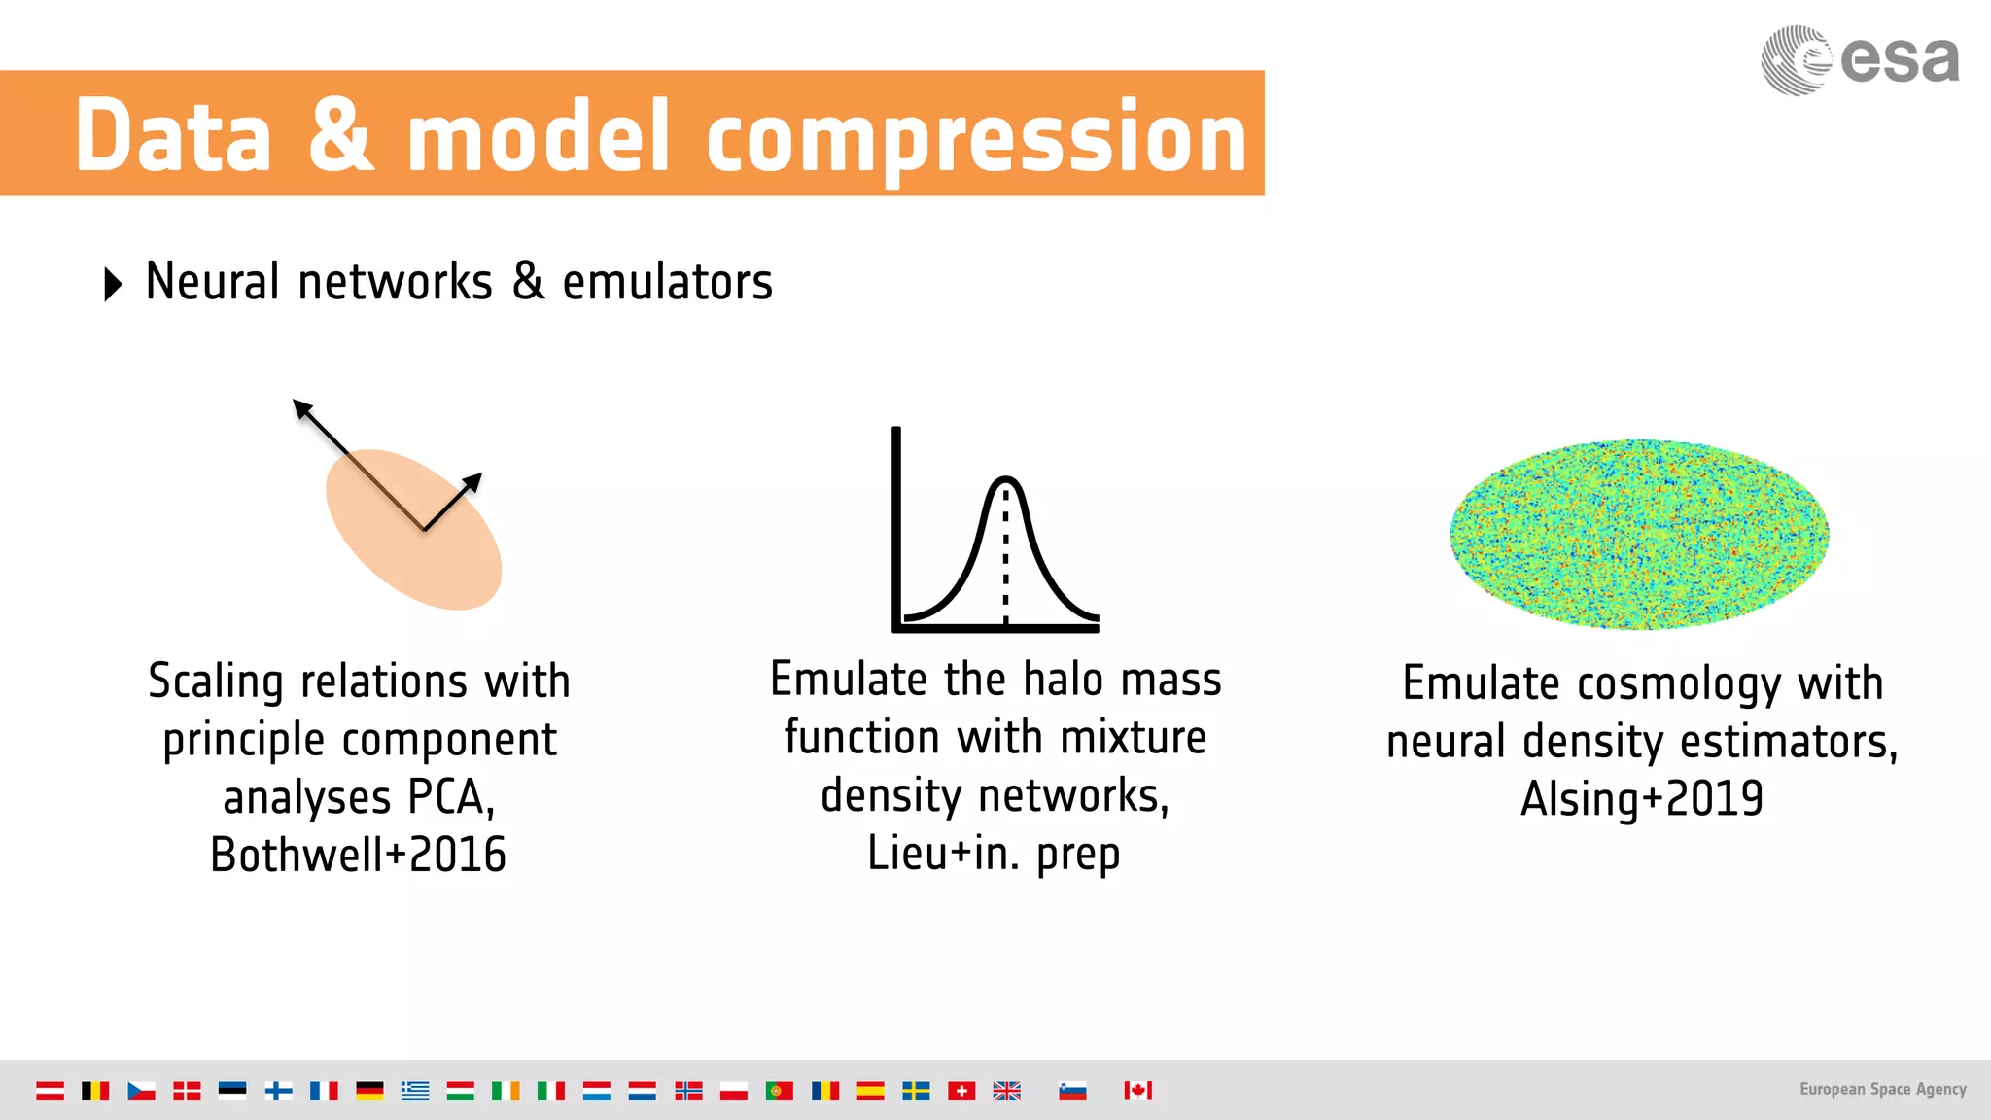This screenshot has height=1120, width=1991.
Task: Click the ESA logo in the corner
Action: pyautogui.click(x=1859, y=60)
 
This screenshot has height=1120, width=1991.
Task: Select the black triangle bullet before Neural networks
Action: pyautogui.click(x=113, y=284)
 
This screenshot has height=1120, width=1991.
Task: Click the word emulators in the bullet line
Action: pyautogui.click(x=667, y=283)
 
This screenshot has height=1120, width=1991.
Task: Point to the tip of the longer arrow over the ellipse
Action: pyautogui.click(x=297, y=402)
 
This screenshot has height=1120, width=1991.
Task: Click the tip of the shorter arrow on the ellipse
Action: pyautogui.click(x=479, y=476)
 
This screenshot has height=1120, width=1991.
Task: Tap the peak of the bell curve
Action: pyautogui.click(x=1005, y=478)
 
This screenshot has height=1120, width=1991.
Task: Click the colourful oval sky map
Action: pyautogui.click(x=1639, y=534)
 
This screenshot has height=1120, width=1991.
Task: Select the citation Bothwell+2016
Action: pyautogui.click(x=358, y=856)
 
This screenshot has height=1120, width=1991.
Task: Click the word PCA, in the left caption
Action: pyautogui.click(x=451, y=797)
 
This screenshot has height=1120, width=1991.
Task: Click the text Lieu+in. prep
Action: pyautogui.click(x=994, y=854)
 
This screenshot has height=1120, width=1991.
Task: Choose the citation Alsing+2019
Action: pyautogui.click(x=1641, y=799)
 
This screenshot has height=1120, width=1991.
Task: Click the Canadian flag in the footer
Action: pyautogui.click(x=1137, y=1090)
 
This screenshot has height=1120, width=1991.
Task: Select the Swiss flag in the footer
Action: pyautogui.click(x=961, y=1090)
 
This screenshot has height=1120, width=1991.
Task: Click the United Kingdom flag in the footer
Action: pyautogui.click(x=1006, y=1090)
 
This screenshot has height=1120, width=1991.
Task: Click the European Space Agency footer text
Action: pyautogui.click(x=1882, y=1089)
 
